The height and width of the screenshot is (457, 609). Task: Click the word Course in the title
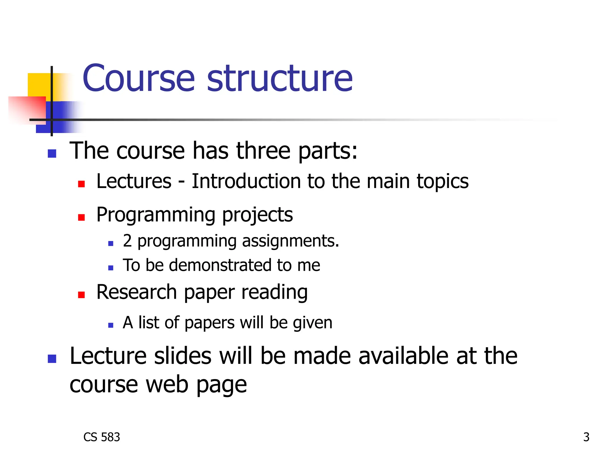coord(139,79)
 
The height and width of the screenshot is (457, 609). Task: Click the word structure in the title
coord(280,79)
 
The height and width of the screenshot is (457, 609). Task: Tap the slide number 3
coord(586,437)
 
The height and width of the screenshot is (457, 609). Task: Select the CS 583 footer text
coord(102,437)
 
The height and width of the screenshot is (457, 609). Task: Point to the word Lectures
coord(134,181)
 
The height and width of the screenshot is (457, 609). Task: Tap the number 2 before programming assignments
coord(127,241)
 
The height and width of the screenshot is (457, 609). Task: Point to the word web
coord(167,385)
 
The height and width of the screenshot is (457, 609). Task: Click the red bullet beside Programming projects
coord(81,217)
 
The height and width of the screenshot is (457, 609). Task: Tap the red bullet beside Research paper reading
coord(81,295)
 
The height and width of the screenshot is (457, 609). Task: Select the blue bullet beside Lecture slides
coord(52,359)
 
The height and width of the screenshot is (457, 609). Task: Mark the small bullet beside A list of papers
coord(111,325)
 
